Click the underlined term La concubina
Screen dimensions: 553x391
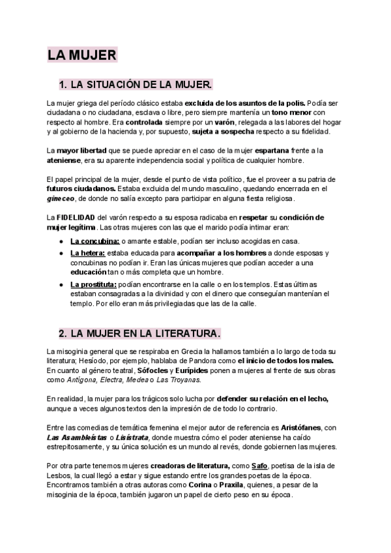[94, 241]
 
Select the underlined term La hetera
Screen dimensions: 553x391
[88, 253]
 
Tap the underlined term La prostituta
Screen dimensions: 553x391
[93, 284]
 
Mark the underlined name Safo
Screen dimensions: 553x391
[259, 466]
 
